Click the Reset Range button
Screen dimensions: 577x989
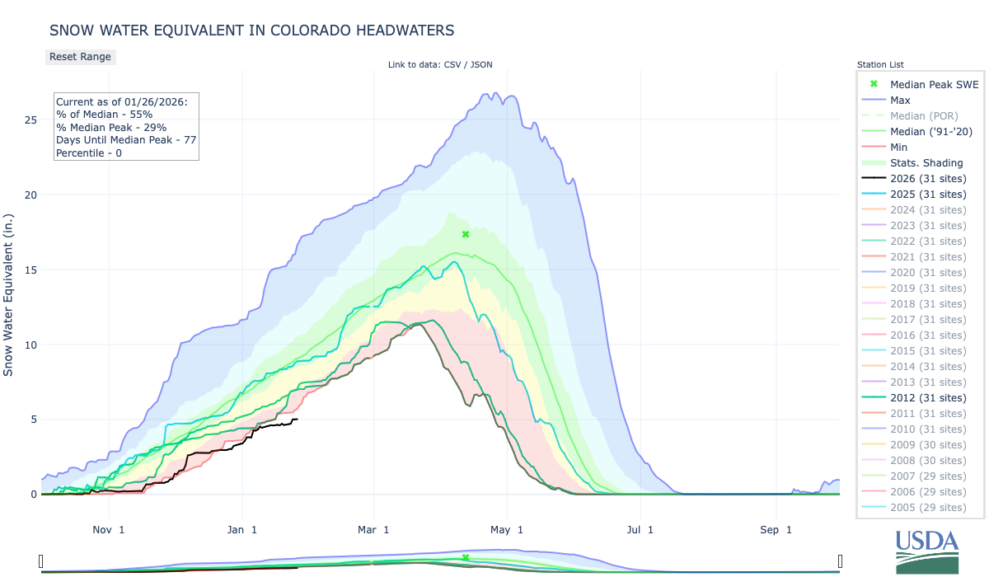[x=80, y=57]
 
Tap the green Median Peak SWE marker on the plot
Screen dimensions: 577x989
[x=466, y=234]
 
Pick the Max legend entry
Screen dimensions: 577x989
[x=900, y=100]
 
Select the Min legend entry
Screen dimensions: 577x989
[x=899, y=147]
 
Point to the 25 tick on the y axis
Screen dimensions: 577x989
[x=30, y=120]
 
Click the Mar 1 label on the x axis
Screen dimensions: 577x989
[x=373, y=529]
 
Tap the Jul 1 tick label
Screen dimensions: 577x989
[x=640, y=529]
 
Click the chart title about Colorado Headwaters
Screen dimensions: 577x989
[x=251, y=30]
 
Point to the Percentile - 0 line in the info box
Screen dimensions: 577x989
[x=89, y=152]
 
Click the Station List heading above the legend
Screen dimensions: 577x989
[x=880, y=64]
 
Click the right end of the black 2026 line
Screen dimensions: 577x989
[x=297, y=420]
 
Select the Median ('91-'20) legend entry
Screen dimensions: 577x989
[x=931, y=131]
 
